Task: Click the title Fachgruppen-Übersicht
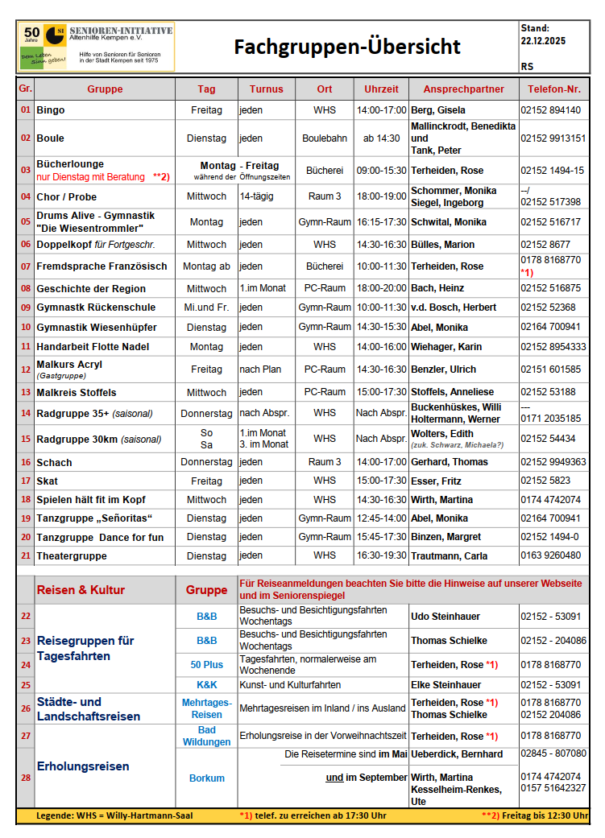tap(347, 47)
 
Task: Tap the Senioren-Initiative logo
tap(96, 47)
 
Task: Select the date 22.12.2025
tap(543, 39)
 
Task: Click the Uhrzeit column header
tap(381, 89)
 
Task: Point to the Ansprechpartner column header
tap(463, 89)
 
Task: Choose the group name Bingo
tap(51, 110)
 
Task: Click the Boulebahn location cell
tap(325, 138)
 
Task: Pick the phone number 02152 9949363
tap(553, 462)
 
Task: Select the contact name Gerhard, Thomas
tap(450, 462)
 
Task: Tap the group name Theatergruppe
tap(72, 556)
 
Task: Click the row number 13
tap(26, 393)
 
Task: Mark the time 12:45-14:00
tap(381, 518)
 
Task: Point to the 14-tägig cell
tap(256, 196)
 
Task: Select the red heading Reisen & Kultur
tap(81, 590)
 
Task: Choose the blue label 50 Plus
tap(206, 665)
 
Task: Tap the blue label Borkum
tap(206, 778)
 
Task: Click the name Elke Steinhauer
tap(445, 685)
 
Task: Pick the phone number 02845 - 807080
tap(553, 753)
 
